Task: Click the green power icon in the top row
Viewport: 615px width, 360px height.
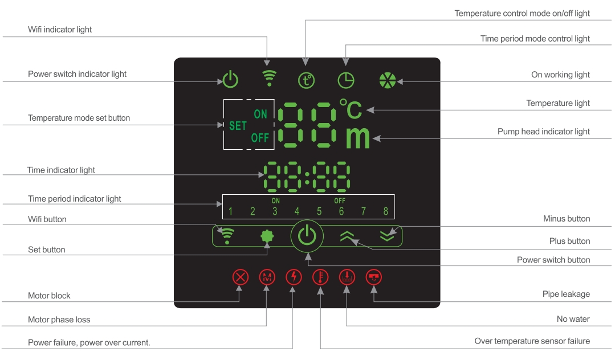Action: click(230, 79)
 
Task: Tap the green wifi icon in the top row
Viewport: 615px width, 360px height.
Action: click(267, 77)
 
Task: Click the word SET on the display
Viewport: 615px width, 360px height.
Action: click(238, 126)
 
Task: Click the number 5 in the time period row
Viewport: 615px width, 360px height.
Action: click(319, 212)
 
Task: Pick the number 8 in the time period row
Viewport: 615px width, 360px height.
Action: click(386, 212)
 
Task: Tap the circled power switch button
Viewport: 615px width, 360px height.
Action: click(307, 235)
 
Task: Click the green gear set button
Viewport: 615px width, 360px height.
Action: click(266, 236)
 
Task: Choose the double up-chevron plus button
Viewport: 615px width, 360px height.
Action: click(347, 236)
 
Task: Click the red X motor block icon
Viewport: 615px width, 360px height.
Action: click(241, 277)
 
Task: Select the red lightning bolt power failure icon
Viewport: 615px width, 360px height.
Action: click(294, 277)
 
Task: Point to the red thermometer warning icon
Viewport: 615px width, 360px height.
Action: click(320, 277)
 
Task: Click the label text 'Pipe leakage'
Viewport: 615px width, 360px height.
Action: click(566, 294)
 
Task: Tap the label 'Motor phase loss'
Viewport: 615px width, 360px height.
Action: click(59, 320)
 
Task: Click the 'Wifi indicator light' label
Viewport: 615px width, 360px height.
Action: click(60, 30)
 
